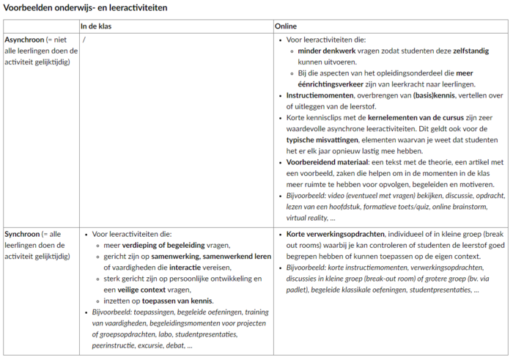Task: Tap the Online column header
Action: [x=286, y=26]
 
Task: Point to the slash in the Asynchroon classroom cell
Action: [x=85, y=40]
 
